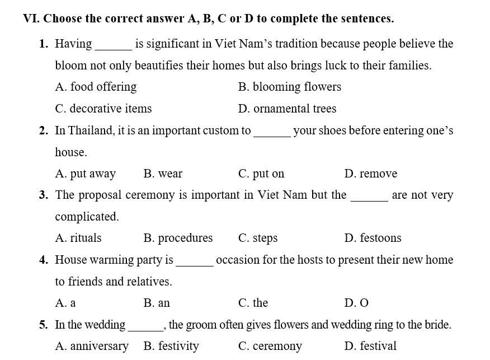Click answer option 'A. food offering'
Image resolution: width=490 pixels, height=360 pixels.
(96, 87)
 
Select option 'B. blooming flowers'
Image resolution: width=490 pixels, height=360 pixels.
(289, 87)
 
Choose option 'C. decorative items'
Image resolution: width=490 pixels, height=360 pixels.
(103, 109)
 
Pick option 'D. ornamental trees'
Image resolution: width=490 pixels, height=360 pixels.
(287, 109)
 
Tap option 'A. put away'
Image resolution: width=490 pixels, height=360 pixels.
(85, 174)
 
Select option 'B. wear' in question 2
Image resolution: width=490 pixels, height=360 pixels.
(163, 174)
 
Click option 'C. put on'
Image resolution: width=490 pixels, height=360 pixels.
(261, 174)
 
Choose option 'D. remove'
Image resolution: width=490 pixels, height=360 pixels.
(371, 174)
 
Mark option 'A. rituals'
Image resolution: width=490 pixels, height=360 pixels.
(78, 238)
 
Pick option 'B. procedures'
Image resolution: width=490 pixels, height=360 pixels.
(178, 238)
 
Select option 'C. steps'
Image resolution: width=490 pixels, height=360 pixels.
(258, 238)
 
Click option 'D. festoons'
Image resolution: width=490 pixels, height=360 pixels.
(373, 238)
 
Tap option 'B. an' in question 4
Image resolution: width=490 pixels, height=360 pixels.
(157, 303)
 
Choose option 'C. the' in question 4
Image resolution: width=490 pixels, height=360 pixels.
(253, 303)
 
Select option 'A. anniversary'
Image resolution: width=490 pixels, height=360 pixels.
(92, 346)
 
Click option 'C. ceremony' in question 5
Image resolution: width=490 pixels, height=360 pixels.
(270, 346)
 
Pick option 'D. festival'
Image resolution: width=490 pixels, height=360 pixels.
(370, 346)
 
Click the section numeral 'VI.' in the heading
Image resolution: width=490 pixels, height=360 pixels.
(31, 18)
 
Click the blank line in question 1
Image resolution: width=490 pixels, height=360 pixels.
(114, 48)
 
